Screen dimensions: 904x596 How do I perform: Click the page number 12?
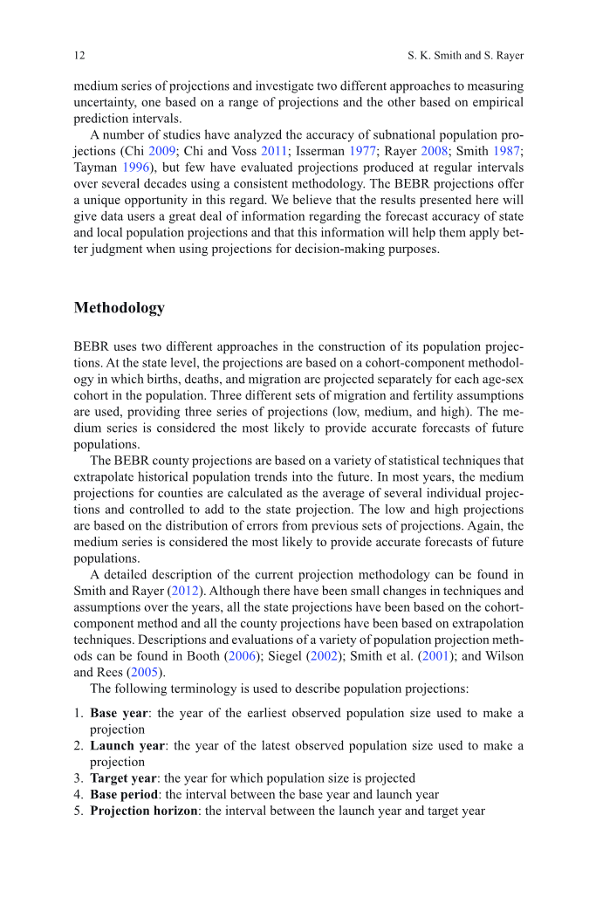coord(79,56)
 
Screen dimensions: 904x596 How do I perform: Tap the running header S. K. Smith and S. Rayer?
coord(466,56)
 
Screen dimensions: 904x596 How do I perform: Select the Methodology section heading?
coord(120,308)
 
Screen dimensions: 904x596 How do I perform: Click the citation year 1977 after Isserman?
coord(363,150)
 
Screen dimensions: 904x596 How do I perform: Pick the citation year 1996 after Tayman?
coord(142,166)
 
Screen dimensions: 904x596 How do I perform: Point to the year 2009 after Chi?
coord(161,150)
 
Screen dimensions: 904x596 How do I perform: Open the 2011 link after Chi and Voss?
coord(274,150)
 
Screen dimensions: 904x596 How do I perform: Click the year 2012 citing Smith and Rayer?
coord(184,590)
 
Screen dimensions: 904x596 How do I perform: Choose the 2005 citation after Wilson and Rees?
coord(143,670)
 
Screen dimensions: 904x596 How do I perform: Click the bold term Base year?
coord(119,713)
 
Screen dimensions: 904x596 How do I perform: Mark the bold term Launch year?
coord(127,745)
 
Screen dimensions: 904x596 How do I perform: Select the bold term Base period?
coord(125,794)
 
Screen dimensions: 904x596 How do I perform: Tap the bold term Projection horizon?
coord(144,811)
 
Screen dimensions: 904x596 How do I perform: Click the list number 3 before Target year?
coord(79,777)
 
